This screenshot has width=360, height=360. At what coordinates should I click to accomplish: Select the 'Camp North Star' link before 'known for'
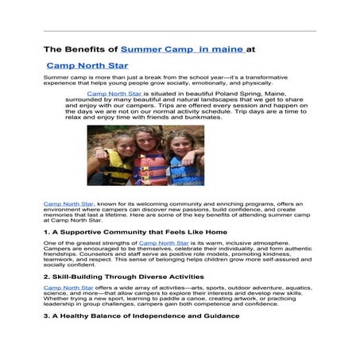(64, 204)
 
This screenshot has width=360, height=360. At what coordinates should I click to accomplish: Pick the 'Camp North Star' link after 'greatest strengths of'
(163, 242)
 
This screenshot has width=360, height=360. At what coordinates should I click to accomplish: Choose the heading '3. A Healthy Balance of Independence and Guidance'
(141, 315)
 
